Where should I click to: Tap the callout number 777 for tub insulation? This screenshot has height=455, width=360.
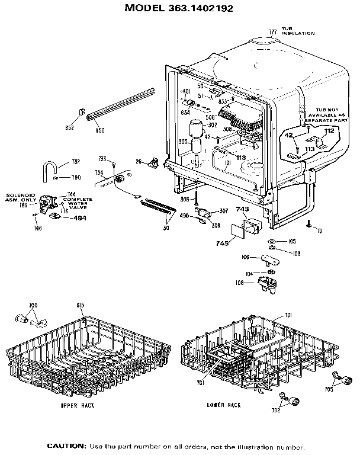(x=272, y=31)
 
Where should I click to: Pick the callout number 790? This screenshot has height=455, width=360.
(x=76, y=177)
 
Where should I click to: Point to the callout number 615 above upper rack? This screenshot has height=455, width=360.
(x=81, y=305)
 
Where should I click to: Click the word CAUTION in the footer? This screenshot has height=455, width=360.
(x=67, y=446)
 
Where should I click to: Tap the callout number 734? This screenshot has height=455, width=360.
(x=98, y=173)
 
